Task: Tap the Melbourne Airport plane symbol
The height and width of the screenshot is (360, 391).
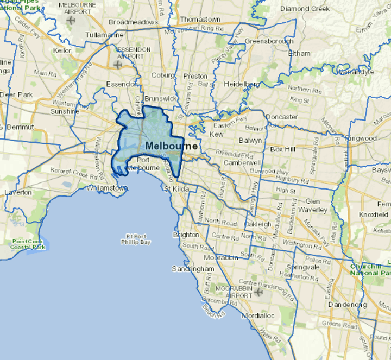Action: pos(71,20)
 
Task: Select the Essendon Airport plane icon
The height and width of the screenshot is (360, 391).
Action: pos(118,64)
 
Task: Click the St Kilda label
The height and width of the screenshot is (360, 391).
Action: pos(176,189)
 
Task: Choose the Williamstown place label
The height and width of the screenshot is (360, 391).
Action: pos(106,188)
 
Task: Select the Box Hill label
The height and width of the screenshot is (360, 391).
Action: pos(282,149)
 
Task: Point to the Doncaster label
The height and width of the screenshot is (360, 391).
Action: pos(282,117)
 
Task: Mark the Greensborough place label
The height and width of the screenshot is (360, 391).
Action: pos(269,41)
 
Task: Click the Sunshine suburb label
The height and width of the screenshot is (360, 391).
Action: pos(65,111)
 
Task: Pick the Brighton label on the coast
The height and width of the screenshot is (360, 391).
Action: pos(186,235)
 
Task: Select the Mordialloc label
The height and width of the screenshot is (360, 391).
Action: pos(255,315)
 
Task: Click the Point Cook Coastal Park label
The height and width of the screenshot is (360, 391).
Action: pos(30,244)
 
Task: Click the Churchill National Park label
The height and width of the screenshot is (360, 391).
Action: pos(373,269)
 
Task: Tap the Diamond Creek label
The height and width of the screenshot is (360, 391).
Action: pos(305,9)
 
